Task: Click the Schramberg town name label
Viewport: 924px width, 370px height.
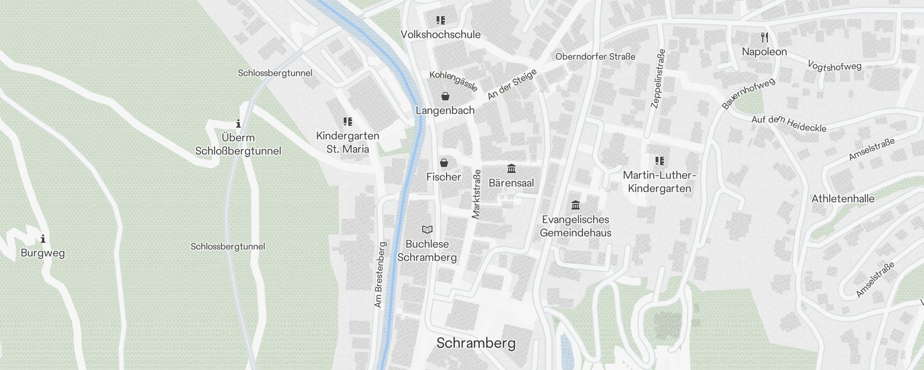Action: (x=476, y=343)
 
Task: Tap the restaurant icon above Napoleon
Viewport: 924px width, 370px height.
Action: (x=765, y=37)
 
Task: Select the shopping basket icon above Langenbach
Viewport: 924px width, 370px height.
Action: (x=445, y=96)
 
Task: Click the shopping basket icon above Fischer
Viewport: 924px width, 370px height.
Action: (x=444, y=163)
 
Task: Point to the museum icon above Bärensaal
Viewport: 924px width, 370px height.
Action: (x=511, y=168)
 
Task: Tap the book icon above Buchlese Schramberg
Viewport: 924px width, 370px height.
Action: (x=427, y=229)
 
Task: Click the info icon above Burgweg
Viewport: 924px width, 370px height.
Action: (x=43, y=239)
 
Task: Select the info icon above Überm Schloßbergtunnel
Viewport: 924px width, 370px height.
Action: (x=238, y=123)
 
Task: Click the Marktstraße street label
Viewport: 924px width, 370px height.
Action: (x=476, y=194)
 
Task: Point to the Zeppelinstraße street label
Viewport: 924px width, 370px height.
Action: (x=658, y=79)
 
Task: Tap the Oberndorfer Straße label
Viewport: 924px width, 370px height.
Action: (x=595, y=56)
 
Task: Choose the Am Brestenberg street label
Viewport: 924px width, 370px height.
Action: (x=379, y=275)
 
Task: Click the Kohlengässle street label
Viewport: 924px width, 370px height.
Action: (x=453, y=81)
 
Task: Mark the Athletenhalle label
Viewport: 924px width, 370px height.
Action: (x=843, y=199)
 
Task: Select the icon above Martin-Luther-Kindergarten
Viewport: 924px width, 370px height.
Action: (x=660, y=161)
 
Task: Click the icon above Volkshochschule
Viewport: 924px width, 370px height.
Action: (x=441, y=20)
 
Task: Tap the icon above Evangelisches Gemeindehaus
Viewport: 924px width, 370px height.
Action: (x=576, y=205)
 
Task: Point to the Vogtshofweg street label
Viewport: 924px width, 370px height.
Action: (x=834, y=66)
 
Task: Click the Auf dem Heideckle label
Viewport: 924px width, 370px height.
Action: (x=789, y=123)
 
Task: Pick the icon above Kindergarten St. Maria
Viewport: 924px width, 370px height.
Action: (x=348, y=122)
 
